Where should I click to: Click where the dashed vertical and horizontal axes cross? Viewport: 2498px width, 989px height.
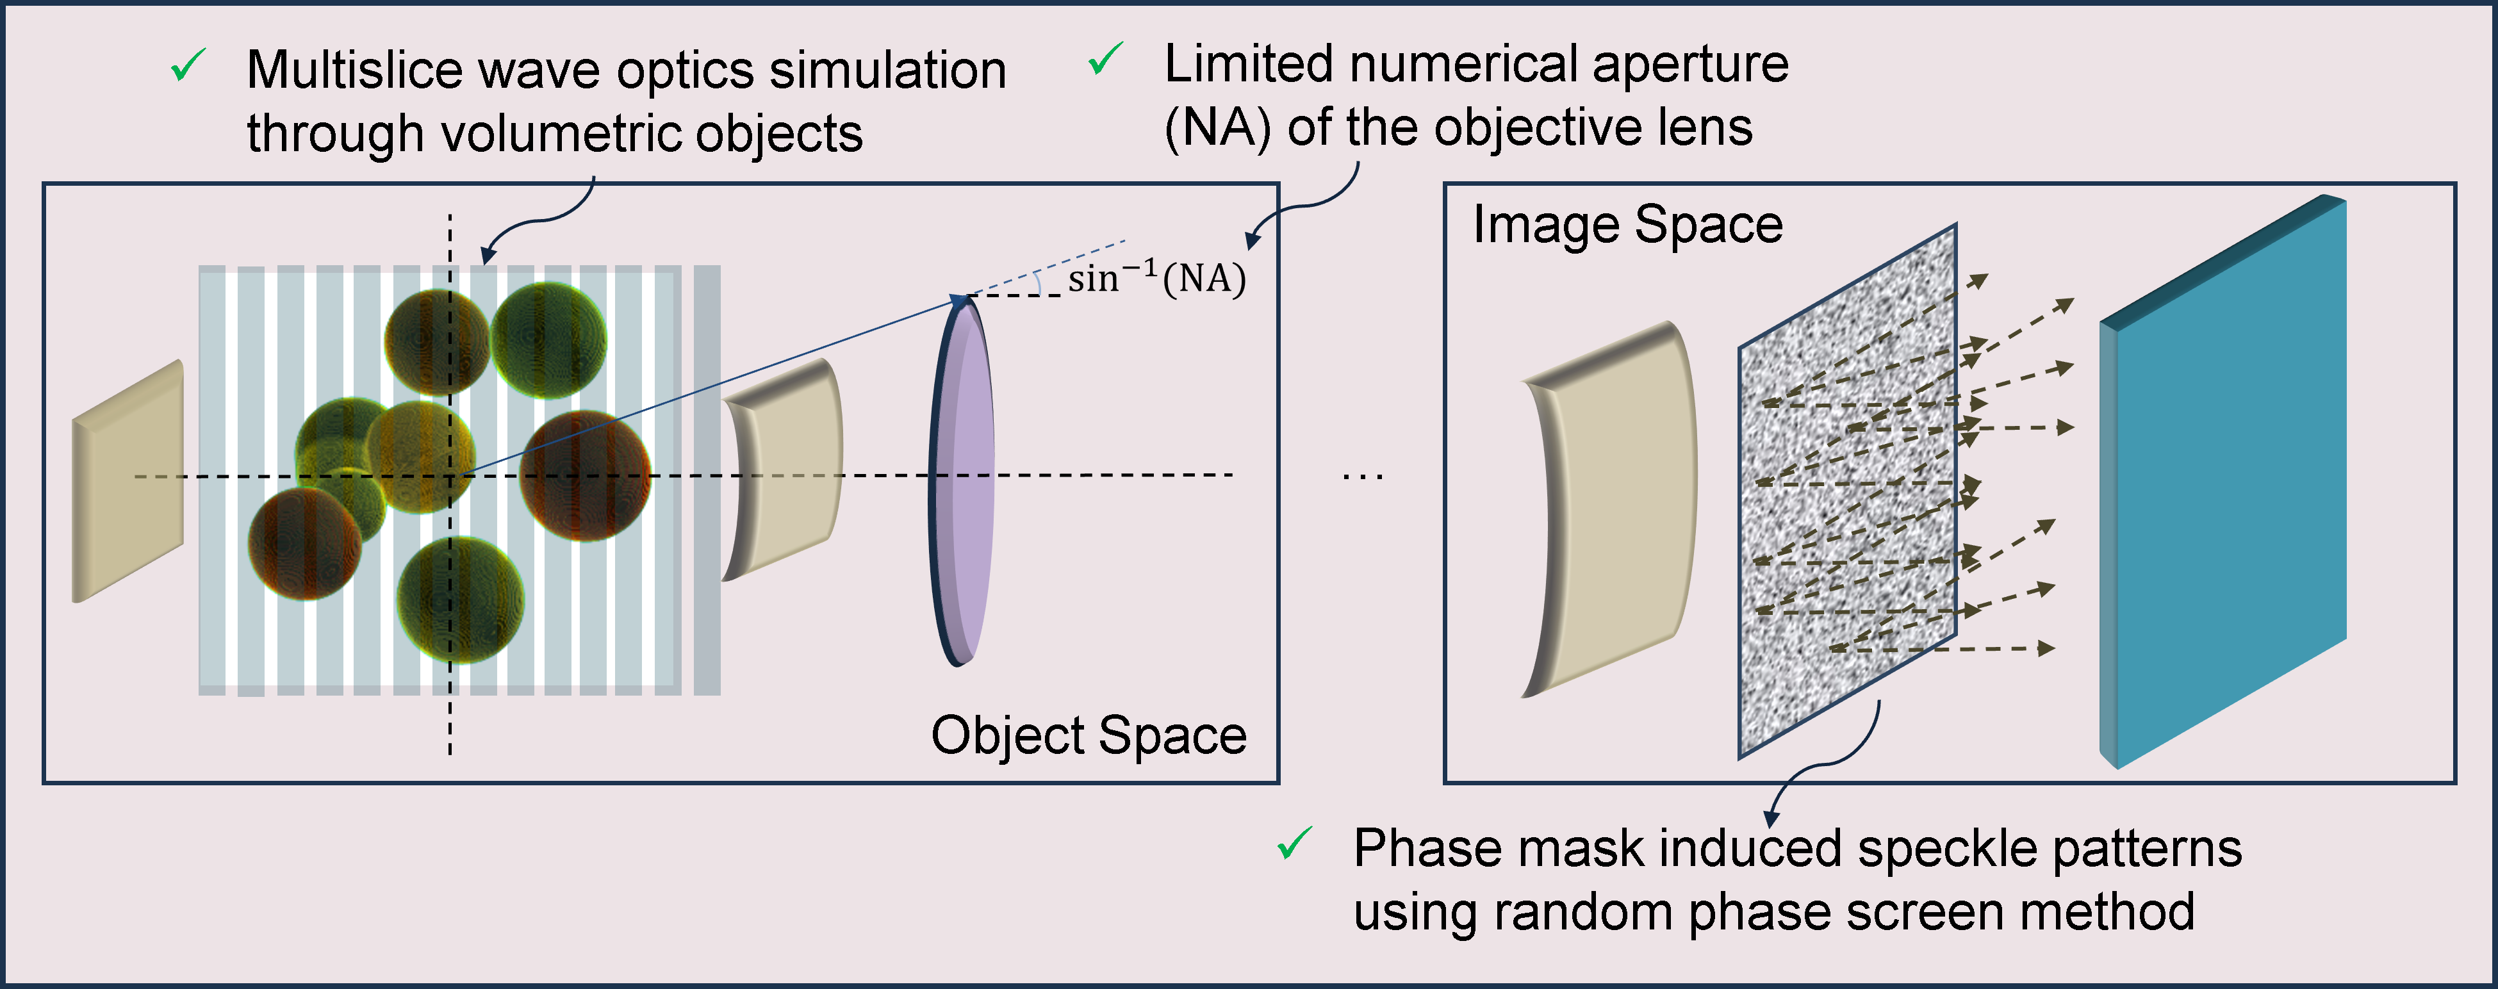pyautogui.click(x=450, y=476)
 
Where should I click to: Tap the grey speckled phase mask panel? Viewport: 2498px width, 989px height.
pyautogui.click(x=1847, y=491)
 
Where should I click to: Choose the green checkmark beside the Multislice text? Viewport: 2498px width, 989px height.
pyautogui.click(x=188, y=66)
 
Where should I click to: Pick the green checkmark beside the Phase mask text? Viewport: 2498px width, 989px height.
pyautogui.click(x=1295, y=844)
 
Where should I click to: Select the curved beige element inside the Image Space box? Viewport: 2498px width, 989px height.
pyautogui.click(x=1608, y=509)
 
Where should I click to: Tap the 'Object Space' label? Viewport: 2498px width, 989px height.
pyautogui.click(x=1089, y=735)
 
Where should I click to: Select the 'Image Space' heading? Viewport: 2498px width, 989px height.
pyautogui.click(x=1628, y=225)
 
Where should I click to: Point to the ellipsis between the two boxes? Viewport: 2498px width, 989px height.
pyautogui.click(x=1363, y=476)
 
